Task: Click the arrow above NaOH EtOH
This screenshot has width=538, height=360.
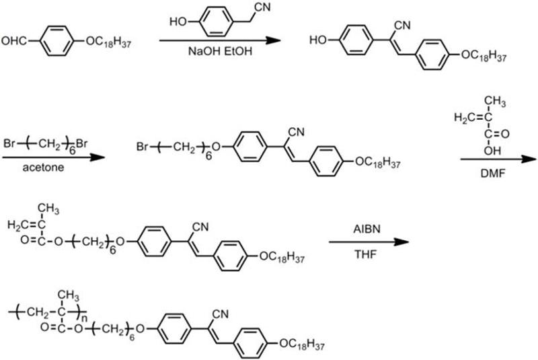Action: pyautogui.click(x=219, y=41)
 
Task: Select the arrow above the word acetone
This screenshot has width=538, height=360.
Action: pyautogui.click(x=54, y=158)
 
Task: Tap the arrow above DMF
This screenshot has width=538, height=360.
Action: pyautogui.click(x=498, y=159)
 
